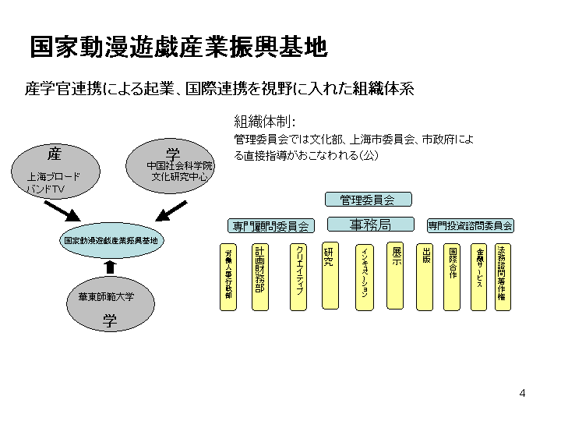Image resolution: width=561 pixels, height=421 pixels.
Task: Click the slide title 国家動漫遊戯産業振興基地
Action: coord(178,47)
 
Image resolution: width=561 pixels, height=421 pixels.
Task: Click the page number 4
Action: coord(522,392)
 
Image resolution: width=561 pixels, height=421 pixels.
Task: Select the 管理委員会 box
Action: coord(367,200)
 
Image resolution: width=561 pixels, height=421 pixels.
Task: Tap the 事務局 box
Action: coord(370,225)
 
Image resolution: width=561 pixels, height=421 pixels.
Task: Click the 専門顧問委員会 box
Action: coord(270,225)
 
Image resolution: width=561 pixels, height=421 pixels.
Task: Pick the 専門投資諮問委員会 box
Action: coord(470,225)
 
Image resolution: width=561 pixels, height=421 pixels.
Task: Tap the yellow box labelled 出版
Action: coord(425,277)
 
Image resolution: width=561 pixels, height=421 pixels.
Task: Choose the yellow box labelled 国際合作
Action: coord(453,277)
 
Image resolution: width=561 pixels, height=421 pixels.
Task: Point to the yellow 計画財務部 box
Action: coord(259,277)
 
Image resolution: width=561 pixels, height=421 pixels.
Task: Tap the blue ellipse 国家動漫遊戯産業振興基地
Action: coord(110,241)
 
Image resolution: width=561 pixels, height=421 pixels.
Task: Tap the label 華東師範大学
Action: coord(106,296)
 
